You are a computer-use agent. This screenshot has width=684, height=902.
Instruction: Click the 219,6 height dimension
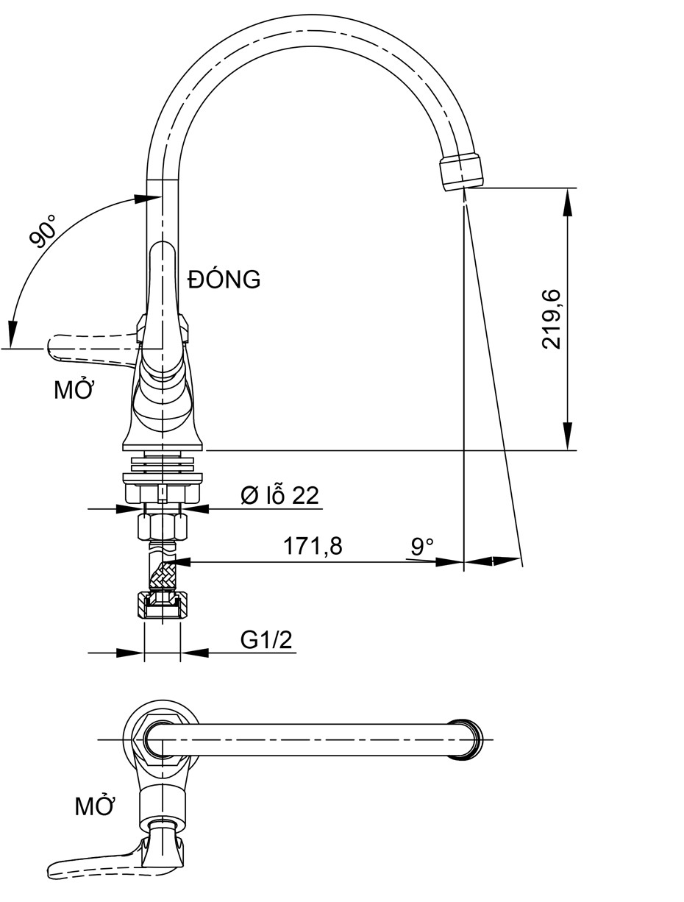[x=552, y=319]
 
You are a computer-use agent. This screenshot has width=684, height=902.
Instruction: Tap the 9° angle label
[x=422, y=547]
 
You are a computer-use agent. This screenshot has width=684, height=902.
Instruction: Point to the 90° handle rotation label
[x=43, y=232]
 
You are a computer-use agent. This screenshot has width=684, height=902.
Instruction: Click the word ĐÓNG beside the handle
[x=224, y=280]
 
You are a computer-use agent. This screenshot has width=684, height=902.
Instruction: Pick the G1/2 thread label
[x=266, y=641]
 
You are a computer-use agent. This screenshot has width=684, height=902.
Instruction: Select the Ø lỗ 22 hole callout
[x=280, y=497]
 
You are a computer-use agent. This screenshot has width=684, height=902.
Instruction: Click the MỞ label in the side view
[x=74, y=391]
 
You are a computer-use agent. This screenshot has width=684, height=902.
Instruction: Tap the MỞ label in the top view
[x=96, y=807]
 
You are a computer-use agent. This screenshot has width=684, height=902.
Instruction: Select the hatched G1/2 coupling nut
[x=162, y=606]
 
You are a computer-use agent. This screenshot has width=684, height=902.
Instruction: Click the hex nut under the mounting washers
[x=163, y=527]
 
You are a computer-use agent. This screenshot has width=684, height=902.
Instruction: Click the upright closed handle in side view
[x=162, y=294]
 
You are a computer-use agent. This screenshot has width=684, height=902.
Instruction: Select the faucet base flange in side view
[x=162, y=446]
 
